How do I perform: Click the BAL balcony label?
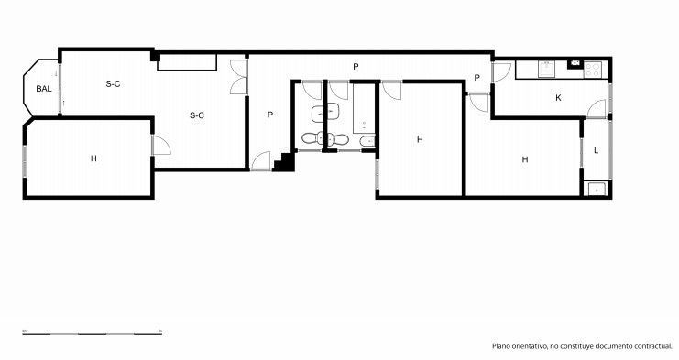(x=44, y=89)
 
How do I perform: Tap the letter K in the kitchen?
(x=558, y=98)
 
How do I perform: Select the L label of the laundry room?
(x=596, y=150)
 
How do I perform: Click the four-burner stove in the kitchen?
(x=592, y=71)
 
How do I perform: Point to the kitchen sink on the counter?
(x=546, y=70)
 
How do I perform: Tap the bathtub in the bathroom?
(x=364, y=109)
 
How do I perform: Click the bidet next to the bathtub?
(x=367, y=141)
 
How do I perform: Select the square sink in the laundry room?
(x=597, y=189)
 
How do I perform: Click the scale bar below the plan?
(x=93, y=333)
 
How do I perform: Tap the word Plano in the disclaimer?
(x=500, y=346)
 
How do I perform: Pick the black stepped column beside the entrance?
(x=284, y=162)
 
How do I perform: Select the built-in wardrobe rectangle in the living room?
(x=187, y=62)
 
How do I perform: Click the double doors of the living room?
(x=238, y=77)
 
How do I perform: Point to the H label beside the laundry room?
(x=525, y=159)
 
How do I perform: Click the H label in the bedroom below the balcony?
(x=93, y=158)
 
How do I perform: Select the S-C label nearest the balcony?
(x=113, y=84)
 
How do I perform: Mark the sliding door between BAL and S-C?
(x=60, y=88)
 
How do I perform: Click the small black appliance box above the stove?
(x=575, y=63)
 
